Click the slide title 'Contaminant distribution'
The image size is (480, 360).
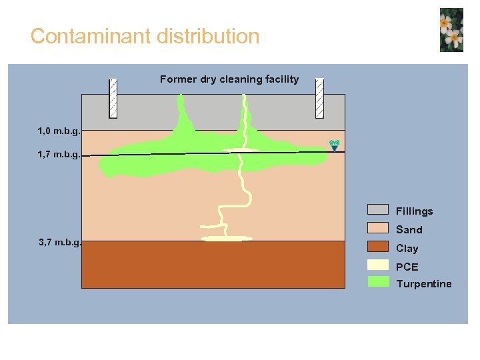145,36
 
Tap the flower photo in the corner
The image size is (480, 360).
451,30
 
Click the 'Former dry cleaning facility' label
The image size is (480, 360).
229,79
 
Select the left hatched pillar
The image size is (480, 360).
113,98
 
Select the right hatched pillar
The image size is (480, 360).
319,98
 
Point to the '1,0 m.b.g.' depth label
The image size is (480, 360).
59,131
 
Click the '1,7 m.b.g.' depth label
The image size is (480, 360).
59,155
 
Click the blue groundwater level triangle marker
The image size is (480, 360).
335,149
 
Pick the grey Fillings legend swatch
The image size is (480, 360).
378,211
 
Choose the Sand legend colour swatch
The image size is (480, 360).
378,229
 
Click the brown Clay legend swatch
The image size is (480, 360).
378,247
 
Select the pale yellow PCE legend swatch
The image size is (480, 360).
378,265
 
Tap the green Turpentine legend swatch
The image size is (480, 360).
378,283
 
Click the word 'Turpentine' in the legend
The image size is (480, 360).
423,284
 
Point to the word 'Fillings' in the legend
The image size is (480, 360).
414,211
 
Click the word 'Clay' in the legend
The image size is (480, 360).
407,249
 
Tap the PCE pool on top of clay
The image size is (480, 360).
227,238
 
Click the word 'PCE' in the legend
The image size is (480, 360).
407,267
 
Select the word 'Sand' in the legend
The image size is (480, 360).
409,230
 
